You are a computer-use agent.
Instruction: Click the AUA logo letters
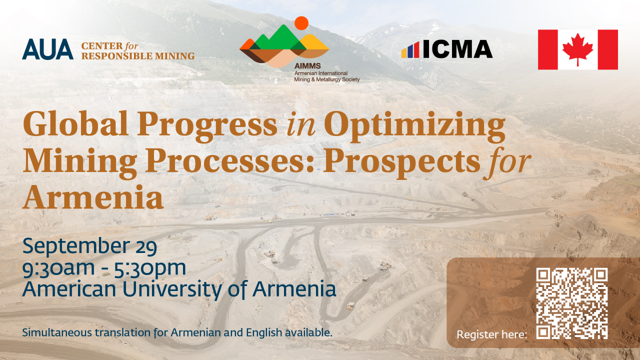[47, 49]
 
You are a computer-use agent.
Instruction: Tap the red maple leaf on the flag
[577, 49]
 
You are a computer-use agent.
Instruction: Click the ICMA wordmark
[457, 49]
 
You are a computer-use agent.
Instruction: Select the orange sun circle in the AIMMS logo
[301, 23]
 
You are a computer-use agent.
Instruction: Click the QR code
[571, 303]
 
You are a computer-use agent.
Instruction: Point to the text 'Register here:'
[491, 334]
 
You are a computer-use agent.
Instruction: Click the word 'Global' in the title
[75, 123]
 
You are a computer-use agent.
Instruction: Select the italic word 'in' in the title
[301, 125]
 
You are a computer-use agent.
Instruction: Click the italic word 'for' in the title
[507, 162]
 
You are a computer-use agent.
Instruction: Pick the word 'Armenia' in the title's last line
[93, 197]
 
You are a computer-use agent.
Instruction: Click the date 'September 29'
[89, 246]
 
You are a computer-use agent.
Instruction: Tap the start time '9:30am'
[58, 268]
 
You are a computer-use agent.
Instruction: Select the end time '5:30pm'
[150, 268]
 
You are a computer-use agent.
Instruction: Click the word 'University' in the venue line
[172, 289]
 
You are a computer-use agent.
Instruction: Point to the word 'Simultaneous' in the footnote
[57, 332]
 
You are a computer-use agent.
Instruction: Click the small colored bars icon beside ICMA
[410, 50]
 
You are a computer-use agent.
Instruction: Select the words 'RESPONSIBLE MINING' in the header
[138, 56]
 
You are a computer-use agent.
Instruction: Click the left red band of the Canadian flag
[547, 49]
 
